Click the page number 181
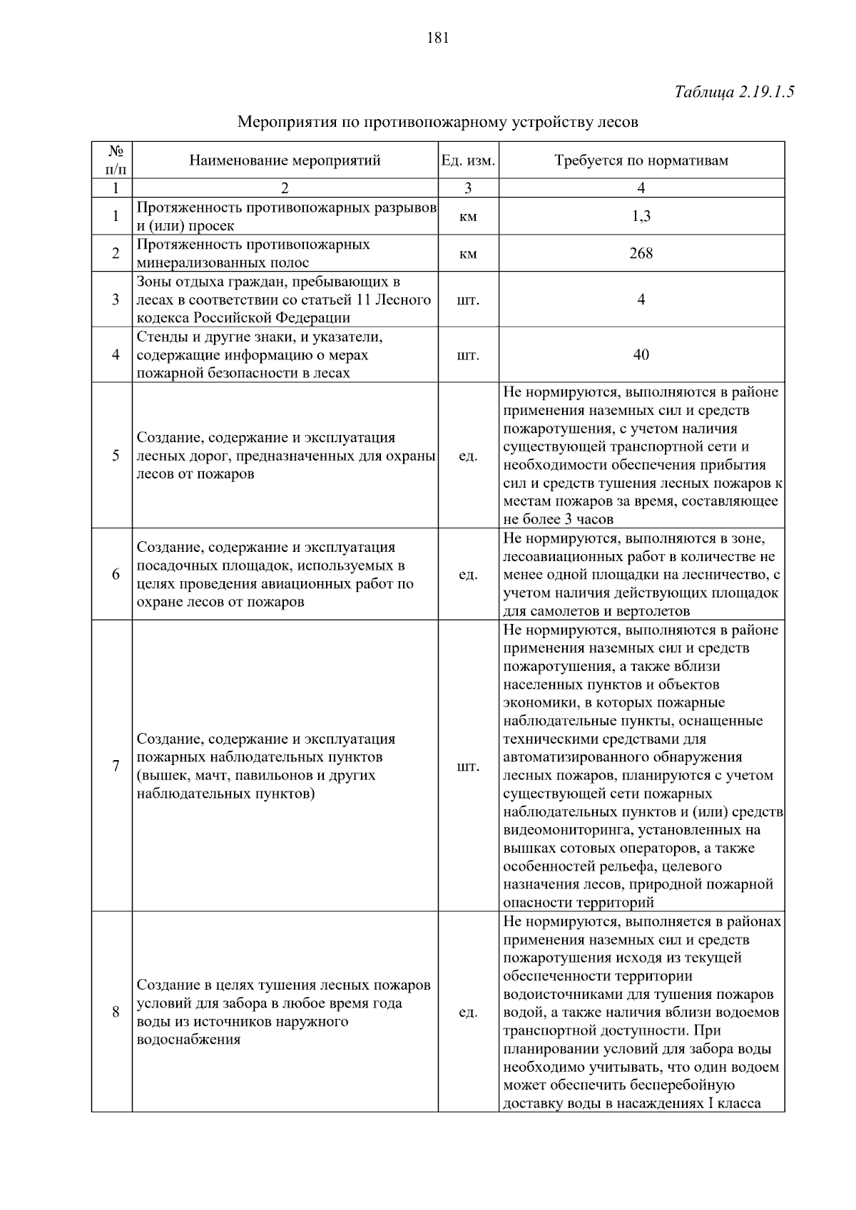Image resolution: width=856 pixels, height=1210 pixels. [x=437, y=39]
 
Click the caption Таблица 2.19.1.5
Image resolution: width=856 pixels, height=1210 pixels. [x=734, y=92]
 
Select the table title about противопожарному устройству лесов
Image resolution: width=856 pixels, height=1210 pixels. [x=437, y=122]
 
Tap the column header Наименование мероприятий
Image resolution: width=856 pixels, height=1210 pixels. [x=285, y=160]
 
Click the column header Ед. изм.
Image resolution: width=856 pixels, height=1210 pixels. [x=468, y=160]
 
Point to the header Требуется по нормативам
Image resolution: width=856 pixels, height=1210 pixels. [x=641, y=160]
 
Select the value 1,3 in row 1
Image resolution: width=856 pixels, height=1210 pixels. [x=641, y=217]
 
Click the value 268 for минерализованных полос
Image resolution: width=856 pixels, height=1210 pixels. [x=641, y=254]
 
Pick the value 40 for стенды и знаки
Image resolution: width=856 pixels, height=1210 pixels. [x=641, y=354]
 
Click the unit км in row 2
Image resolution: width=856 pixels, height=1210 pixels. [x=468, y=254]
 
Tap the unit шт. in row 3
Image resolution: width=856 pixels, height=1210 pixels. [x=468, y=299]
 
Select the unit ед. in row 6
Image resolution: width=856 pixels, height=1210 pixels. [x=468, y=575]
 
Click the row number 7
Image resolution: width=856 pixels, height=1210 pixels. [x=116, y=766]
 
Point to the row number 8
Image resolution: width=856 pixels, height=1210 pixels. [x=116, y=1012]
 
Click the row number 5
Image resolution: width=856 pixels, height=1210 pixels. [x=116, y=456]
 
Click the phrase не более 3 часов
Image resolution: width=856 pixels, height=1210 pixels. [x=559, y=519]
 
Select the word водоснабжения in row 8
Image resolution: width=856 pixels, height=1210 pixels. [x=188, y=1040]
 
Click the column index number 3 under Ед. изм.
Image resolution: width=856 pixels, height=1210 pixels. [x=468, y=188]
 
